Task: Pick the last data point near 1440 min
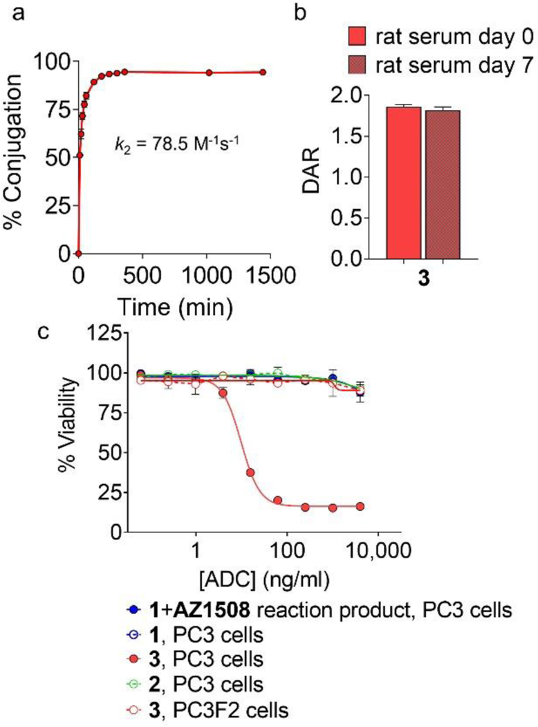(x=263, y=72)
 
